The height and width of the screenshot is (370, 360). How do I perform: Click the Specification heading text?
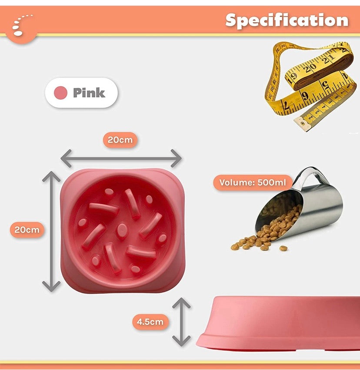tap(287, 20)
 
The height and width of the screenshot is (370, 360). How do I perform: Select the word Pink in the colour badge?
tap(89, 93)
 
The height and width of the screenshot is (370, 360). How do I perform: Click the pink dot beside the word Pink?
tap(61, 93)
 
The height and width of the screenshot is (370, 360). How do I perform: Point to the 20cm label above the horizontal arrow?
tap(120, 140)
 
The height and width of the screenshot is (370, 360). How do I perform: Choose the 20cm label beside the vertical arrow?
tap(27, 229)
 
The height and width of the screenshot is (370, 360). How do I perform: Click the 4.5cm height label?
tap(150, 322)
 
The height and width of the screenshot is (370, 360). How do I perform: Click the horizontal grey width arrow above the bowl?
tap(120, 158)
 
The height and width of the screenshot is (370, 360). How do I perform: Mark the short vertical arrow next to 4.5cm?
tap(181, 322)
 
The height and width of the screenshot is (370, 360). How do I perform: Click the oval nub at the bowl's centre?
tap(123, 229)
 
